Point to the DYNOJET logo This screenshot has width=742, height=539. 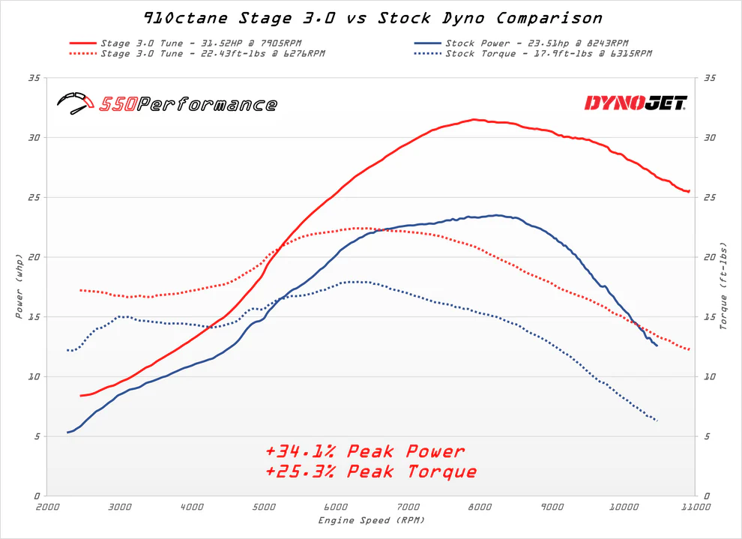pos(636,103)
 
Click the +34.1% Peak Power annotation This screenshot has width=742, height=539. pos(365,451)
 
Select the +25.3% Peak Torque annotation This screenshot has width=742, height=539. pos(371,472)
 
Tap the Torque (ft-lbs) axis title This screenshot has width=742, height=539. pos(723,286)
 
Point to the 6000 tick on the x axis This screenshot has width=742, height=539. pos(335,508)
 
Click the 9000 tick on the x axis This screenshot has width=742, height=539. pos(552,508)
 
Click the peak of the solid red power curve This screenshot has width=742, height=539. pos(474,119)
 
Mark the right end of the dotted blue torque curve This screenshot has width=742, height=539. pos(657,421)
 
